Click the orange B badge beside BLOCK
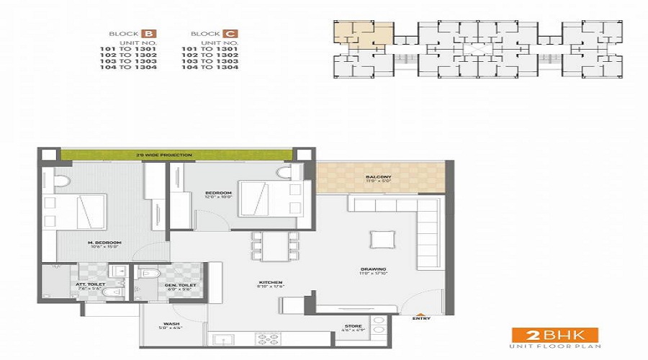tap(149, 34)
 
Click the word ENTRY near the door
tap(421, 318)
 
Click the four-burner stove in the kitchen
tap(268, 338)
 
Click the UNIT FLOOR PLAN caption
tap(554, 347)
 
